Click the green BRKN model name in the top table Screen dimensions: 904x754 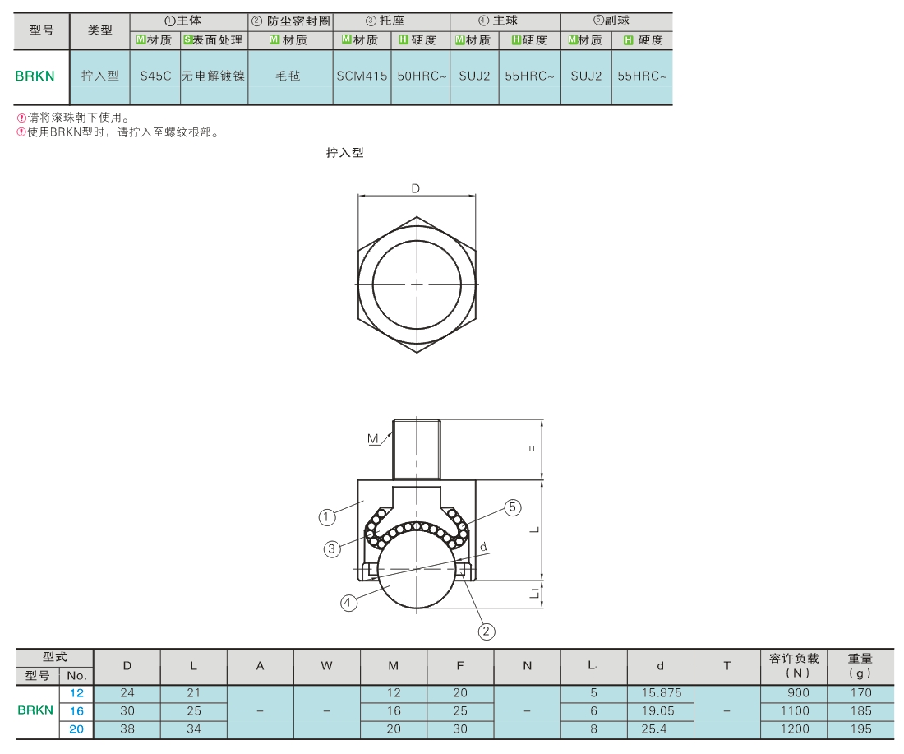pos(35,76)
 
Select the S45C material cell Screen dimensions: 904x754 pos(155,76)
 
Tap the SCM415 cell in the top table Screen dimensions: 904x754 pos(362,76)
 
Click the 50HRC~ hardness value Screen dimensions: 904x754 pos(422,76)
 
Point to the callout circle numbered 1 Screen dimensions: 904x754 pos(327,517)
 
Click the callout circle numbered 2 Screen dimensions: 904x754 pos(486,631)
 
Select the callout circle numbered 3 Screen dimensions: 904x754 pos(331,548)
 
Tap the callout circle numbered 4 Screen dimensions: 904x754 pos(348,603)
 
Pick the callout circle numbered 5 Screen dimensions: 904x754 pos(513,507)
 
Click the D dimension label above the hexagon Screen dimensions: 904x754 pos(416,188)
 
